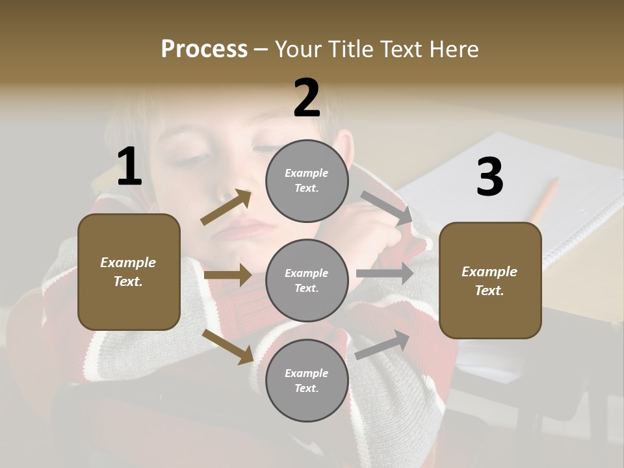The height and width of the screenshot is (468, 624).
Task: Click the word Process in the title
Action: [204, 49]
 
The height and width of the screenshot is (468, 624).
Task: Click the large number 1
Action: [129, 167]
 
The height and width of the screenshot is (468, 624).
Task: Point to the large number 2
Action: [307, 98]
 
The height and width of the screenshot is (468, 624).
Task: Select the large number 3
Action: [489, 177]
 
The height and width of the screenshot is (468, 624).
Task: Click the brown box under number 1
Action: [129, 272]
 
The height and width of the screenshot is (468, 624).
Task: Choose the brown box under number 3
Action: [490, 281]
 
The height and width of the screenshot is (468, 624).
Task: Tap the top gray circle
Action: [307, 181]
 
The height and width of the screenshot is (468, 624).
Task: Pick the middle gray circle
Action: [307, 281]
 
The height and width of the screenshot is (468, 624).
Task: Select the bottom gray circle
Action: [307, 381]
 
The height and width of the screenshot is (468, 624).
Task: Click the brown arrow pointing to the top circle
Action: [226, 207]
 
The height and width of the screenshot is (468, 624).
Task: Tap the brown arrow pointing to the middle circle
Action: [227, 275]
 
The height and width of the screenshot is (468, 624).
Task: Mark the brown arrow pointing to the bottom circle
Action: [228, 346]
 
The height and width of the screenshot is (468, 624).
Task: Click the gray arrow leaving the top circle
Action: [387, 208]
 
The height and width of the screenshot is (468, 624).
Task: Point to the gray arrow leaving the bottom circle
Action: [383, 344]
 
